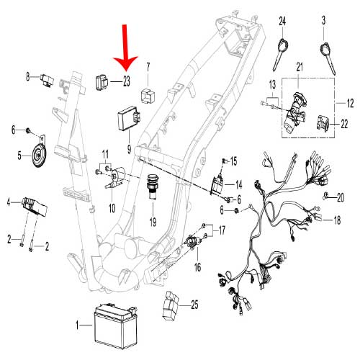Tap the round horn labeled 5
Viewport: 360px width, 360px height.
point(39,155)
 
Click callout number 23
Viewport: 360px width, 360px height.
point(127,81)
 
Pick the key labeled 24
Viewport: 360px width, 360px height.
point(280,54)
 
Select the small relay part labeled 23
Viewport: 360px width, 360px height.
point(102,83)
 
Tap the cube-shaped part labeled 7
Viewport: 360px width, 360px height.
point(148,96)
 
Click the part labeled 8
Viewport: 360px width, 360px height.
point(47,80)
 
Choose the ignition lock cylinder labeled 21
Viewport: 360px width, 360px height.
point(294,112)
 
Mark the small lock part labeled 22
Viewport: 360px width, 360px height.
point(323,123)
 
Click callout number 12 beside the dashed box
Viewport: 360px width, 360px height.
point(350,104)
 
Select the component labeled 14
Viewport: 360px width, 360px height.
point(217,185)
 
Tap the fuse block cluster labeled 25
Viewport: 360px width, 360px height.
point(171,306)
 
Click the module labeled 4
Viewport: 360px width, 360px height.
point(35,207)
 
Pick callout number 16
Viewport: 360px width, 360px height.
point(197,267)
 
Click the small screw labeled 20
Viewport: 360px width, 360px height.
point(325,196)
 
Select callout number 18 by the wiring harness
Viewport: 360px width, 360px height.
point(337,220)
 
